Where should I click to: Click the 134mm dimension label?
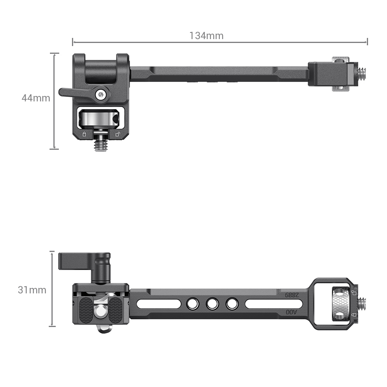click(x=206, y=36)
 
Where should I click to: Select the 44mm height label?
click(x=36, y=98)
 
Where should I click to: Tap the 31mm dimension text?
click(x=32, y=290)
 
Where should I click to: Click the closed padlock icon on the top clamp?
click(x=84, y=134)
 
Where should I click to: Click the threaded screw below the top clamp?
click(x=101, y=145)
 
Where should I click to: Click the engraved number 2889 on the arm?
click(x=292, y=295)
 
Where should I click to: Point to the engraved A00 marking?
click(x=291, y=312)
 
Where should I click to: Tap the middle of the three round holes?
click(x=212, y=304)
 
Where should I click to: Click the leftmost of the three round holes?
click(x=192, y=304)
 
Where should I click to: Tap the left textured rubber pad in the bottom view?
click(x=86, y=312)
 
